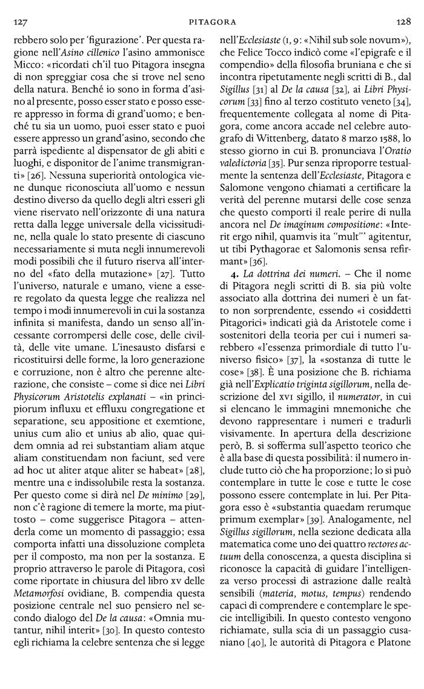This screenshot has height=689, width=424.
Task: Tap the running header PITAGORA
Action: point(212,21)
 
